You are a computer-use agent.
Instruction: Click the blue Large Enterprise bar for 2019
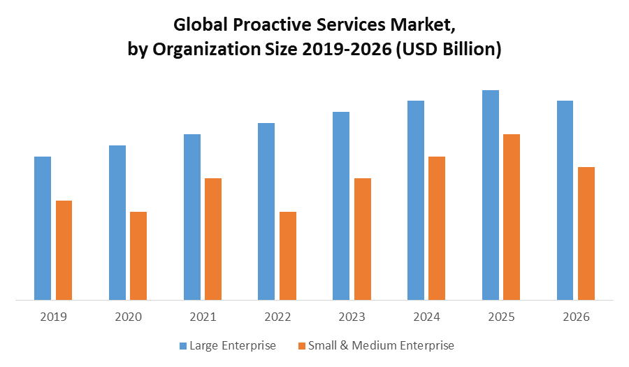(43, 229)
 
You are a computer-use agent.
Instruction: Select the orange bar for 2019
(64, 250)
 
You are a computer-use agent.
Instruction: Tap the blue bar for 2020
(117, 223)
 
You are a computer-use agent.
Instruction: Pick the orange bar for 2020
(138, 256)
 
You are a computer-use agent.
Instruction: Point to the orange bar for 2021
(213, 239)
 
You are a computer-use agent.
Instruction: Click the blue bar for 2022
(266, 212)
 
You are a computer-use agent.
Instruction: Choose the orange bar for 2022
(288, 256)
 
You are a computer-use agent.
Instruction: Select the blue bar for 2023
(341, 206)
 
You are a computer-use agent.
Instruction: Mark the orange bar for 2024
(437, 229)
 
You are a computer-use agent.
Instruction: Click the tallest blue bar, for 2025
(491, 195)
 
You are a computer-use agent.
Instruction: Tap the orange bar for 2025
(512, 217)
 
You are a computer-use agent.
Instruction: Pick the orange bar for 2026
(586, 233)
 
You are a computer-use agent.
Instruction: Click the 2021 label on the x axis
(203, 317)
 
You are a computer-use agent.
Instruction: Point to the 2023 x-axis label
(352, 317)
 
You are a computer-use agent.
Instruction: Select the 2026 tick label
(576, 317)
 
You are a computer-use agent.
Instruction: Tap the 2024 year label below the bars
(427, 317)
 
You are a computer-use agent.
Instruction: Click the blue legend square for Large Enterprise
(184, 345)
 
